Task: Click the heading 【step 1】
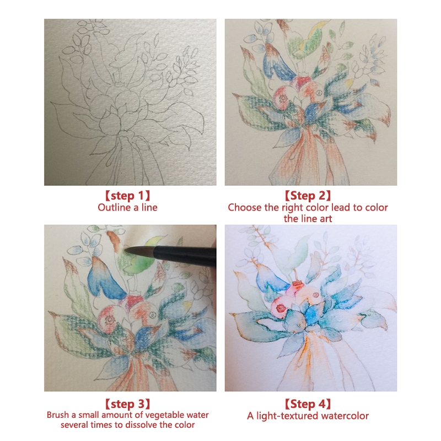pyautogui.click(x=127, y=196)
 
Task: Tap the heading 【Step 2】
pyautogui.click(x=308, y=196)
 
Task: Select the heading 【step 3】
pyautogui.click(x=127, y=404)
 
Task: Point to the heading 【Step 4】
pyautogui.click(x=308, y=404)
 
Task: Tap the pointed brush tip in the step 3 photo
pyautogui.click(x=125, y=249)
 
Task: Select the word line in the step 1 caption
pyautogui.click(x=149, y=208)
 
